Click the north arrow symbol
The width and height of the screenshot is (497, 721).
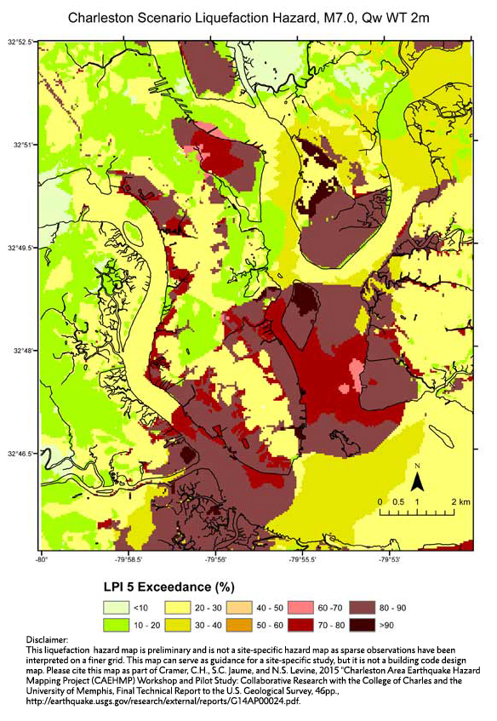point(418,482)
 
